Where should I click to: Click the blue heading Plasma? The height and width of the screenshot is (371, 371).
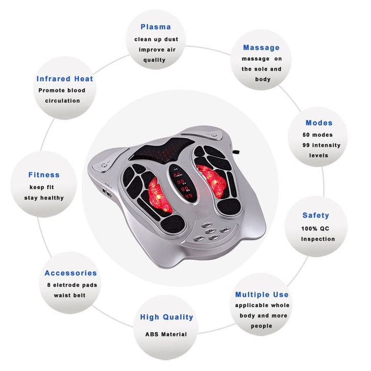pyautogui.click(x=155, y=27)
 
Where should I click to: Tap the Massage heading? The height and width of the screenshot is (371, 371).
pyautogui.click(x=261, y=48)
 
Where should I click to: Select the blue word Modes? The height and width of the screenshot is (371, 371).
pyautogui.click(x=319, y=123)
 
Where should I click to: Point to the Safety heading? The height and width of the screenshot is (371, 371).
pyautogui.click(x=315, y=215)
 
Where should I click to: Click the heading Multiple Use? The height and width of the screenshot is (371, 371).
pyautogui.click(x=262, y=294)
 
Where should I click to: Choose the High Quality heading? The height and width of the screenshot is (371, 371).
pyautogui.click(x=167, y=317)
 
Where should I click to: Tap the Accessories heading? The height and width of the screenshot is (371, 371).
pyautogui.click(x=71, y=273)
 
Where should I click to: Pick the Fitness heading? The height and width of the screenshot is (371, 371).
pyautogui.click(x=44, y=175)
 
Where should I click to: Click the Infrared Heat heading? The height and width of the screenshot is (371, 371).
pyautogui.click(x=65, y=79)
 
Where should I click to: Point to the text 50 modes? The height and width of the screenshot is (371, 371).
pyautogui.click(x=317, y=135)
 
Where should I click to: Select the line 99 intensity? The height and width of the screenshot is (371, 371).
pyautogui.click(x=321, y=145)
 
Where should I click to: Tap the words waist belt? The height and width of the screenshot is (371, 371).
pyautogui.click(x=69, y=295)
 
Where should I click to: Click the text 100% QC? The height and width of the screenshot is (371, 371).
pyautogui.click(x=317, y=228)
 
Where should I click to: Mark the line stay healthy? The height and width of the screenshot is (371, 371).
pyautogui.click(x=44, y=197)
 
